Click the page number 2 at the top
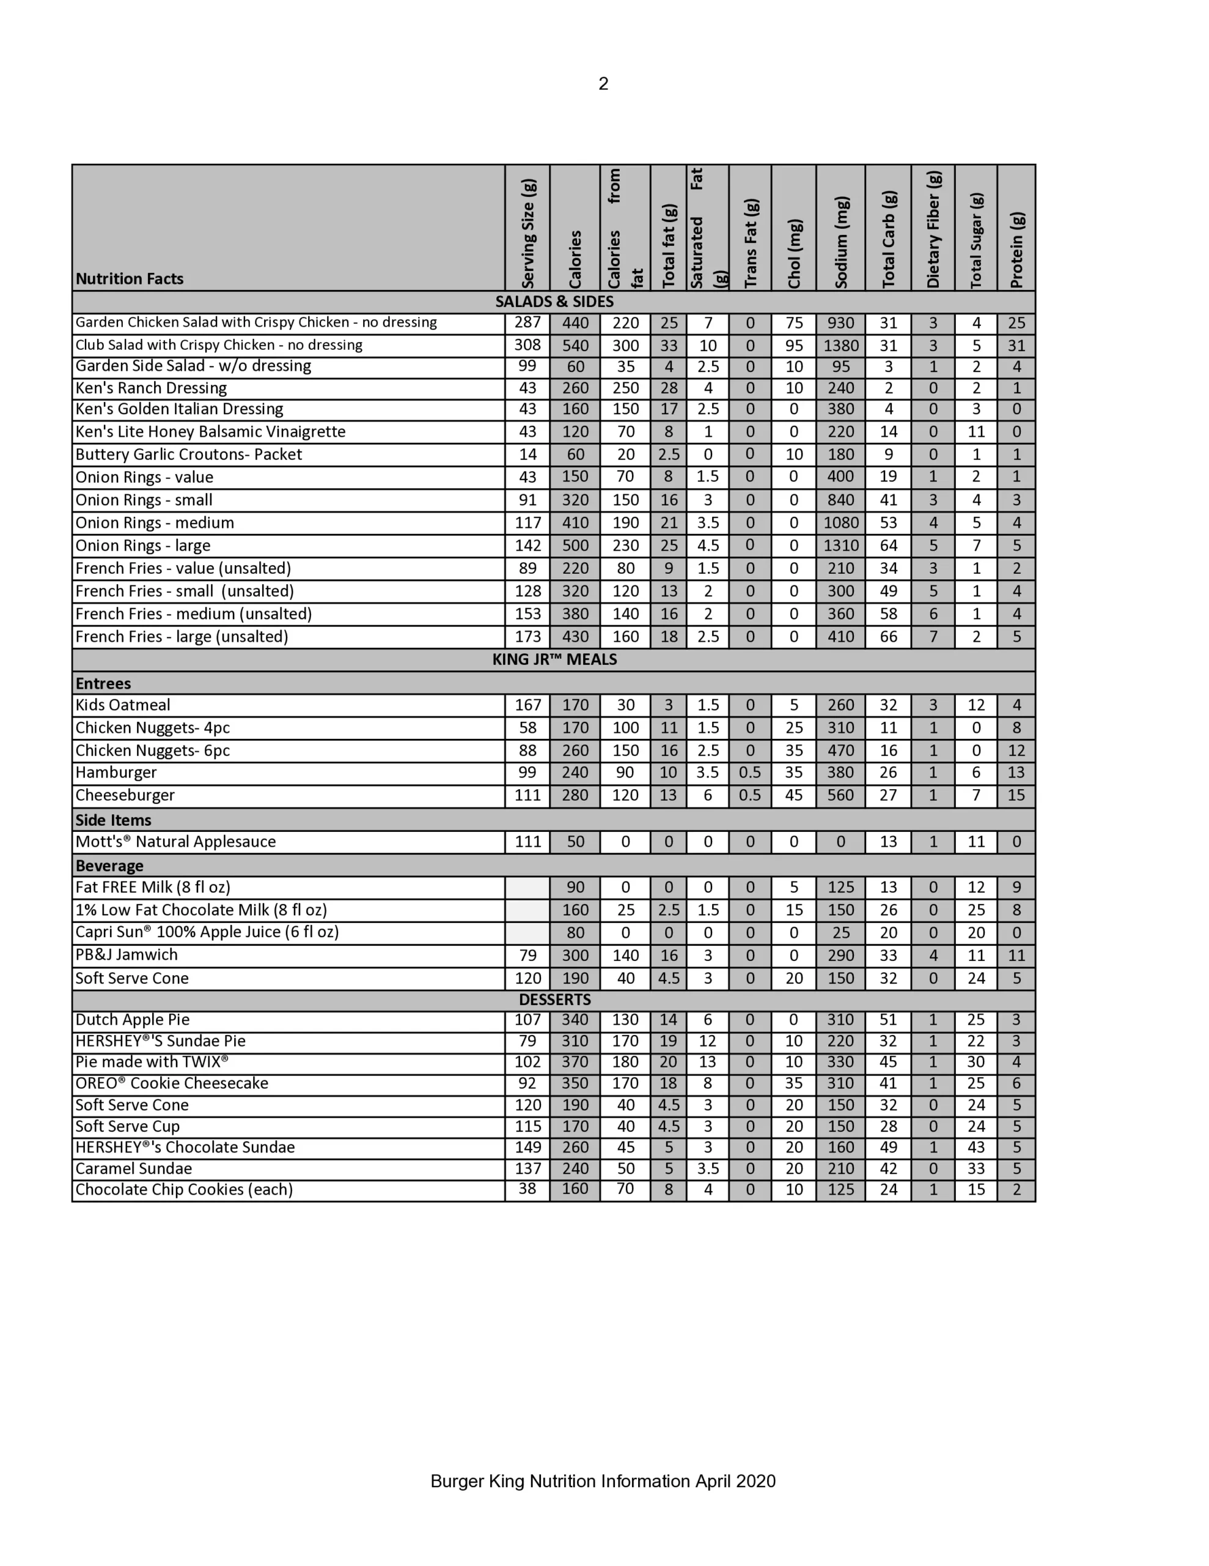[603, 84]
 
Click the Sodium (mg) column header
[840, 242]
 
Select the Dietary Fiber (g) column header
[933, 229]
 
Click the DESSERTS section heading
[555, 1000]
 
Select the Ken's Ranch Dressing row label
[151, 388]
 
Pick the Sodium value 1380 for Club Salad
[840, 346]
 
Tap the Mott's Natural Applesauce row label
[175, 842]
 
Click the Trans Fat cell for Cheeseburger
[749, 795]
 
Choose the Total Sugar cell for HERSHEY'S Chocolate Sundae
[976, 1147]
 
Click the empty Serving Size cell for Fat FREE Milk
[527, 888]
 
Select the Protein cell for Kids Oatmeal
[1016, 705]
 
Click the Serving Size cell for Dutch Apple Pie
[527, 1020]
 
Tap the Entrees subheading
[103, 683]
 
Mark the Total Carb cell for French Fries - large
[888, 637]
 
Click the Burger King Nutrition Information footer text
[603, 1482]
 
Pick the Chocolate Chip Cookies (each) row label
[184, 1190]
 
